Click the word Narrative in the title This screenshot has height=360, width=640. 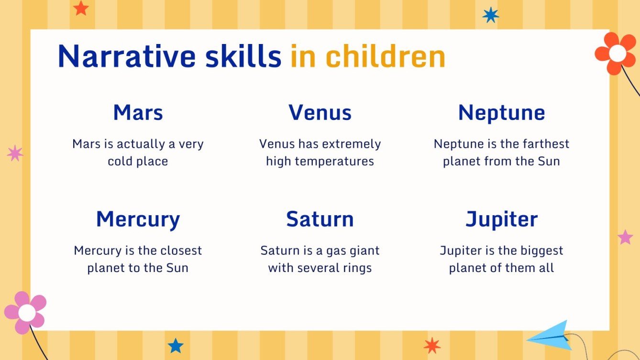[126, 56]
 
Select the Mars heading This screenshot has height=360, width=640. [138, 113]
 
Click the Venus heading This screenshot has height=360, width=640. [320, 113]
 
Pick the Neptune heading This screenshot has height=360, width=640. [501, 113]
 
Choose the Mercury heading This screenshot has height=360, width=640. [138, 219]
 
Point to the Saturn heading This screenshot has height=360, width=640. [320, 219]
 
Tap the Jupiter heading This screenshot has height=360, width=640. [501, 219]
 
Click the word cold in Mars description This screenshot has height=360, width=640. [120, 161]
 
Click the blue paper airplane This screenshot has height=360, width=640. [551, 335]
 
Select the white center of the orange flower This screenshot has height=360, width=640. [617, 54]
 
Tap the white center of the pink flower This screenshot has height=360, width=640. [26, 313]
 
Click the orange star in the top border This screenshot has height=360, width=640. [81, 8]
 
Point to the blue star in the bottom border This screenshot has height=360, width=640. [176, 345]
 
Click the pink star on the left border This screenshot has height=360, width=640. [15, 153]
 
